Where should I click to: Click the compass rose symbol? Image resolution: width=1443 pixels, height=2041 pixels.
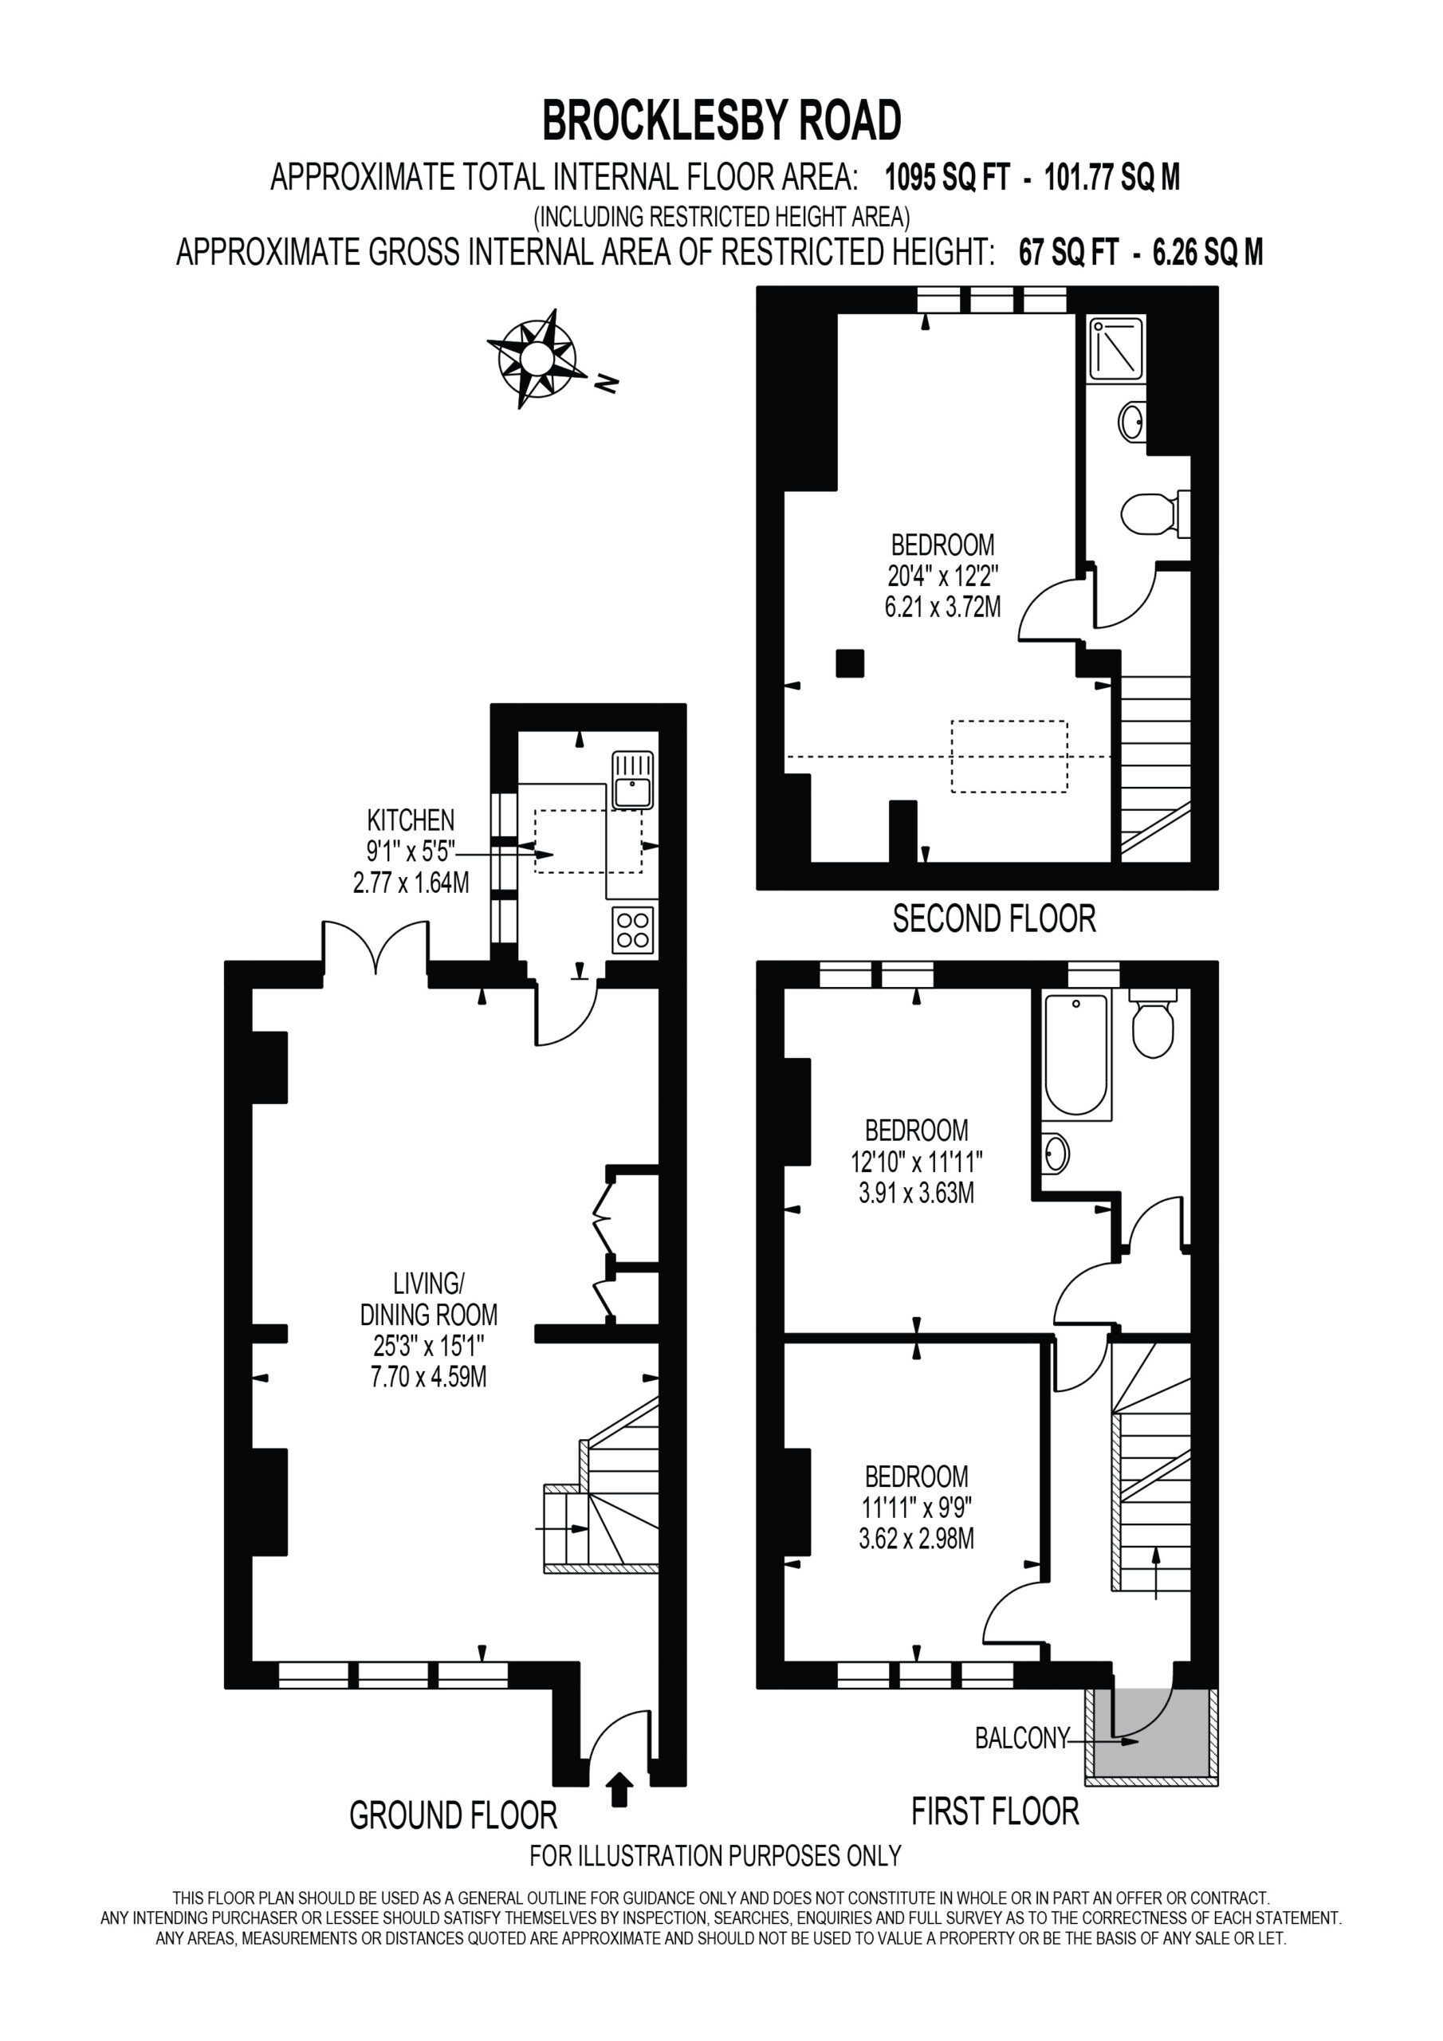pos(533,358)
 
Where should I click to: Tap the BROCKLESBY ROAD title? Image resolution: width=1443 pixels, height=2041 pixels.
pos(722,121)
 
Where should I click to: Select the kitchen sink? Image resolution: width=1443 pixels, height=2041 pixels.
pos(632,781)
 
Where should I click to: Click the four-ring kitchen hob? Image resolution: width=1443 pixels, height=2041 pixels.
pos(632,930)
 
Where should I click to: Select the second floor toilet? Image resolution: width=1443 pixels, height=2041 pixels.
pos(1155,513)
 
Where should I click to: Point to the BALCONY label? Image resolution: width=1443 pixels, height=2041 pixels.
pos(1020,1738)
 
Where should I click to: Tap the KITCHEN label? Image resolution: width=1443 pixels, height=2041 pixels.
pos(411,820)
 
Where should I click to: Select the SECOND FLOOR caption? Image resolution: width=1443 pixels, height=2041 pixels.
pos(994,919)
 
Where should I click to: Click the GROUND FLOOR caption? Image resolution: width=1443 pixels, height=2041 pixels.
pos(454,1815)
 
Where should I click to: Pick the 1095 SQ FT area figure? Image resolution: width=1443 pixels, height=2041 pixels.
pos(948,178)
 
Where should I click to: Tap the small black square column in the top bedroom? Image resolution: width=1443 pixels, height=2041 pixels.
pos(850,663)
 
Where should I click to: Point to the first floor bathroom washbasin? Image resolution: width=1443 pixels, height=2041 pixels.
pos(1056,1154)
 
